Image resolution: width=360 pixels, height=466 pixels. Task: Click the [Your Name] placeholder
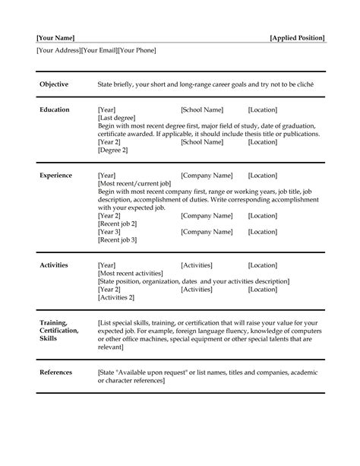tap(55, 37)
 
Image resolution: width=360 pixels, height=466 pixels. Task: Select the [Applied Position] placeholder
tap(297, 37)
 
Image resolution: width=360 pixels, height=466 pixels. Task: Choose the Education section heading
tap(55, 109)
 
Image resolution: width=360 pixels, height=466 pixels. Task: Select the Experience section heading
tap(55, 176)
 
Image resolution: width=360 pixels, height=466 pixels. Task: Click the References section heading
tap(56, 372)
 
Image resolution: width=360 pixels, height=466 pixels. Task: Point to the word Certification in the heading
tap(58, 331)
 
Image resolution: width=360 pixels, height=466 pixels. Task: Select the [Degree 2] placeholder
tap(113, 150)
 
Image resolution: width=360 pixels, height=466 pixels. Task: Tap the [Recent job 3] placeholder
tap(118, 239)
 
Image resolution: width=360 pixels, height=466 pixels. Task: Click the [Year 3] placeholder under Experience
tap(110, 232)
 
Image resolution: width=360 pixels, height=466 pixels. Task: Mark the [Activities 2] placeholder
tap(116, 297)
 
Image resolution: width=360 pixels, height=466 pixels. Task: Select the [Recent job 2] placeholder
tap(118, 223)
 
